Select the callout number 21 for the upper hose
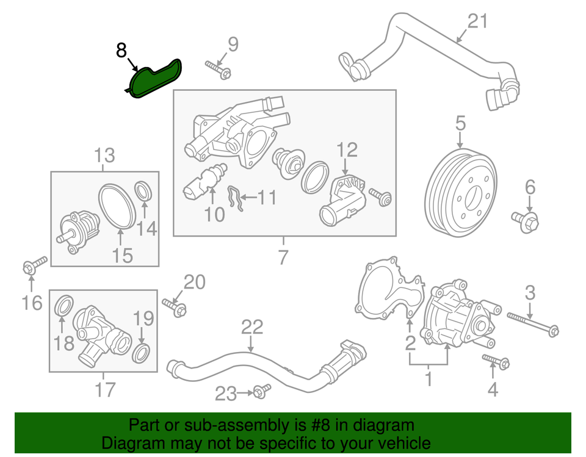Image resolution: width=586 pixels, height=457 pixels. pos(478,21)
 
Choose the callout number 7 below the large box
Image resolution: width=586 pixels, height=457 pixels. pos(282,257)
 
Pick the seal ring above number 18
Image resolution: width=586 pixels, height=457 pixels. pos(65,305)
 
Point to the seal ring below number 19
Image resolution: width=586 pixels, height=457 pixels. pos(142,352)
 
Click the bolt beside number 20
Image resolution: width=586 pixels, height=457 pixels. pos(174,308)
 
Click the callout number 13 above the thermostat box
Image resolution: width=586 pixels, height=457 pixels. pos(104,156)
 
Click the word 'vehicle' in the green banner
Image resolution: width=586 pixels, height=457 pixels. pos(400,443)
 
